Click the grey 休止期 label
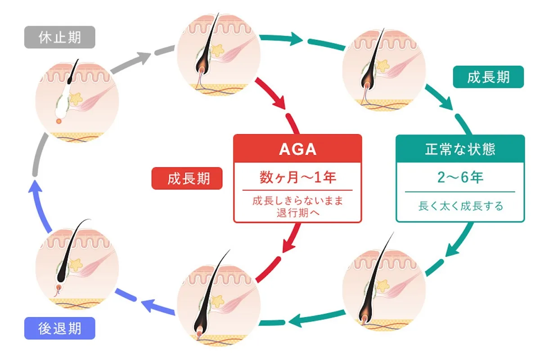coord(60,37)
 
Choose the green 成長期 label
coord(488,77)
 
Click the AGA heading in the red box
coord(297,149)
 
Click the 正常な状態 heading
coord(460,149)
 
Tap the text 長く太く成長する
coord(460,206)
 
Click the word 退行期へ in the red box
coord(298,212)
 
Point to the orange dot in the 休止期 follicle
coord(59,121)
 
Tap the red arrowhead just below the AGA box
coord(288,245)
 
